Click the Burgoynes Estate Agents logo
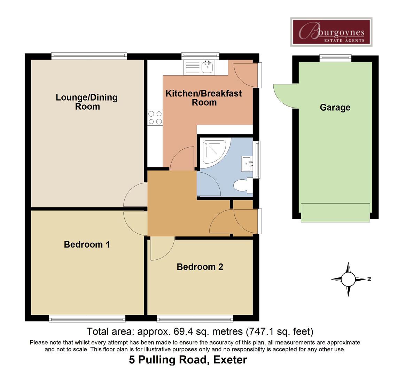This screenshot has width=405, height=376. [x=331, y=32]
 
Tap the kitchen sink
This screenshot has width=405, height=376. [x=207, y=66]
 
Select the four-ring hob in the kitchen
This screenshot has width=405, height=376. [x=155, y=117]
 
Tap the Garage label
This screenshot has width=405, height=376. [x=335, y=108]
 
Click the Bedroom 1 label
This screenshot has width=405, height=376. [x=87, y=244]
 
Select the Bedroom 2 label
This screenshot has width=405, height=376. [x=200, y=267]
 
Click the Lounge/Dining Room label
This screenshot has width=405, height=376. [x=87, y=102]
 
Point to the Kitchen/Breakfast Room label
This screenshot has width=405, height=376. [x=204, y=98]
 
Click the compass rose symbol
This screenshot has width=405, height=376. [x=348, y=279]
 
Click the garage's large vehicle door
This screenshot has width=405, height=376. [x=335, y=213]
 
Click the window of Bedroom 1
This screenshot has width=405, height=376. [x=87, y=318]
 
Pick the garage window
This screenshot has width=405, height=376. [x=335, y=58]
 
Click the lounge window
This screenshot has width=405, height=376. [x=89, y=56]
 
